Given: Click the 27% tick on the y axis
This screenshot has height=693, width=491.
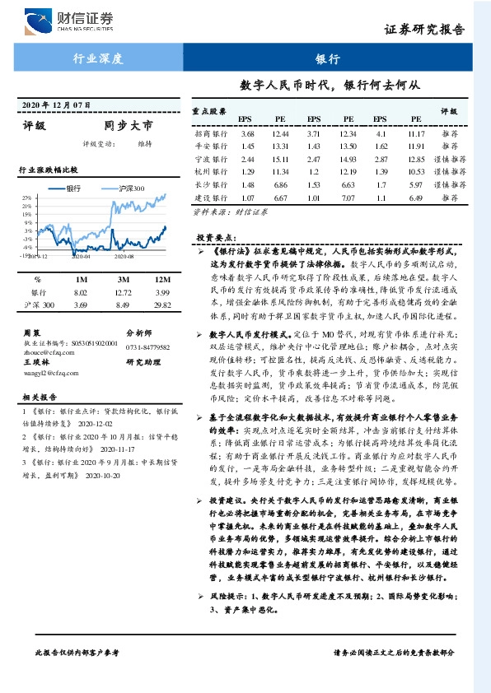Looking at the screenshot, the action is coord(26,198).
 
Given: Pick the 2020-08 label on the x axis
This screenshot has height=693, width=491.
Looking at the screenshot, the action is coord(124,257).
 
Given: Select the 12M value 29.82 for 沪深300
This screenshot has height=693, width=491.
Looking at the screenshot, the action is coord(162,305).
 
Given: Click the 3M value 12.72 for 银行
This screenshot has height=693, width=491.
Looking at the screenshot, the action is coord(122,292).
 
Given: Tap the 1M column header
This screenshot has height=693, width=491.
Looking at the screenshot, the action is coord(81,280).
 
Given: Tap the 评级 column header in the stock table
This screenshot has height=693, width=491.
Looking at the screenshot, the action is coord(449,109).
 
